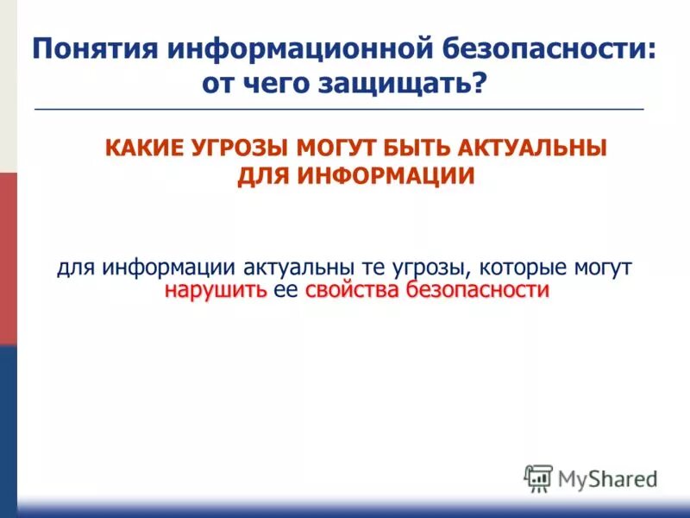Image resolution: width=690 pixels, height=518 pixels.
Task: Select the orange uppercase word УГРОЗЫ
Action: pos(239,148)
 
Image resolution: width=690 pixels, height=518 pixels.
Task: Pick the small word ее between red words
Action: pos(285,291)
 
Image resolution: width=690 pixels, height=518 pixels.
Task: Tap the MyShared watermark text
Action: pos(607,477)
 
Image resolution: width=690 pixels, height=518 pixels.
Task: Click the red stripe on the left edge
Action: pos(8,259)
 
